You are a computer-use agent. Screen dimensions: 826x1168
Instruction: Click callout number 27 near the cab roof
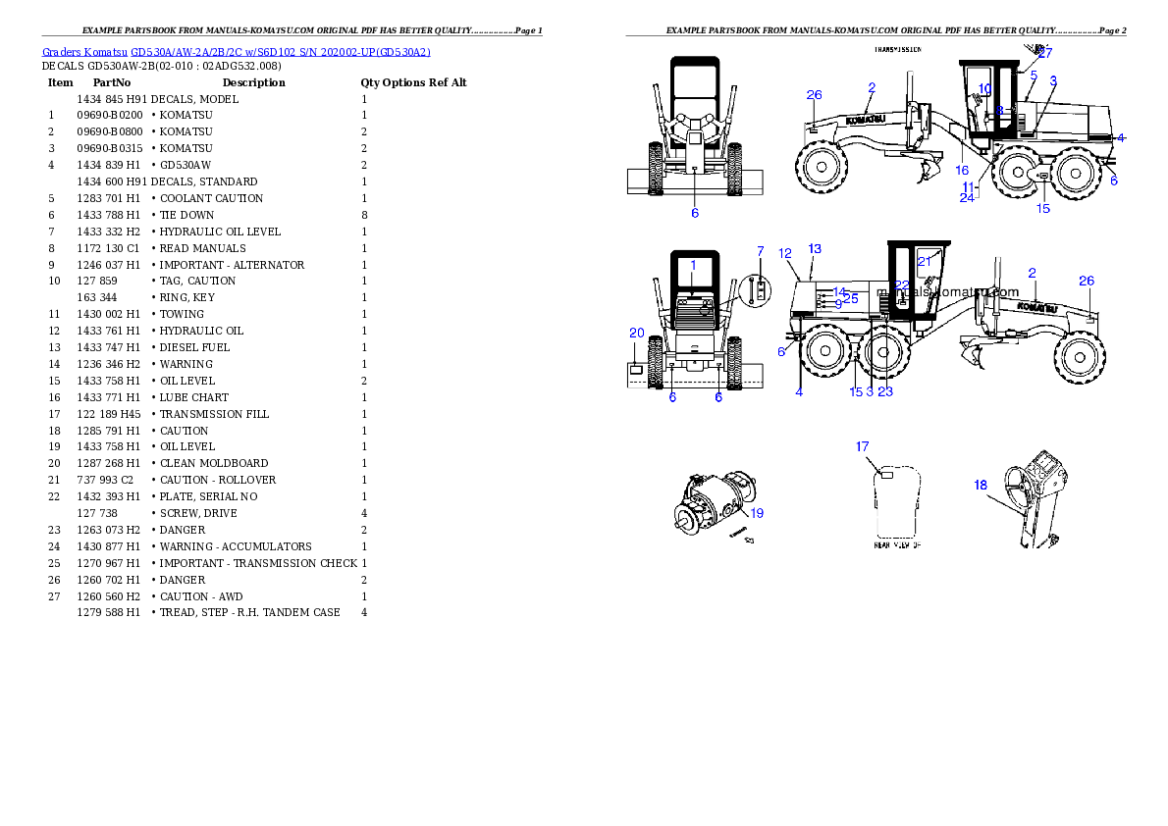pos(1044,53)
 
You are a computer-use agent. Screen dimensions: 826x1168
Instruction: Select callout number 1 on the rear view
pos(692,265)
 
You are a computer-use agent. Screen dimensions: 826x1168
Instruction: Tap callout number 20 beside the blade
pos(636,334)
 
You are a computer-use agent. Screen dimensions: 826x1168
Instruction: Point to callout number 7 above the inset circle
pos(760,252)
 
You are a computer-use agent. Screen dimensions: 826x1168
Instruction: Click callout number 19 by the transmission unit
pos(757,512)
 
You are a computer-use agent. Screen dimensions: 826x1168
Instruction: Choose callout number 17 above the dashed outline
pos(862,446)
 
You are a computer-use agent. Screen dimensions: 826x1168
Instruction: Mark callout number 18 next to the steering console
pos(980,485)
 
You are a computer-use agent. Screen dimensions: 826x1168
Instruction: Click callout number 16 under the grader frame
pos(962,170)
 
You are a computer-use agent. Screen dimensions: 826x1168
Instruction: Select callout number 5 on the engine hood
pos(1034,75)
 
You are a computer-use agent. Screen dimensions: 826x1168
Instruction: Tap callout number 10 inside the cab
pos(984,89)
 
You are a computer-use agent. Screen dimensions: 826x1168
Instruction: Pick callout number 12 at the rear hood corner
pos(785,253)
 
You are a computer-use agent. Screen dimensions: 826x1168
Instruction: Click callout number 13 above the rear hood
pos(815,248)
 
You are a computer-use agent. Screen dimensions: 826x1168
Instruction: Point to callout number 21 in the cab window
pos(924,261)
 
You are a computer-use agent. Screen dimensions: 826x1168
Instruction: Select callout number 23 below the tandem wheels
pos(885,391)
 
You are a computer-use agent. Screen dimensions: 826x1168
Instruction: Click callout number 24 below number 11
pos(967,197)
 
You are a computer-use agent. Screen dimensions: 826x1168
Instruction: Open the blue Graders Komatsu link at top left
pos(236,51)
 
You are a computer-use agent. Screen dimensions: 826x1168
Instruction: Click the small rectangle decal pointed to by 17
pos(884,474)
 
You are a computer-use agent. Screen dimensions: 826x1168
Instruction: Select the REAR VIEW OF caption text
pos(898,544)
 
